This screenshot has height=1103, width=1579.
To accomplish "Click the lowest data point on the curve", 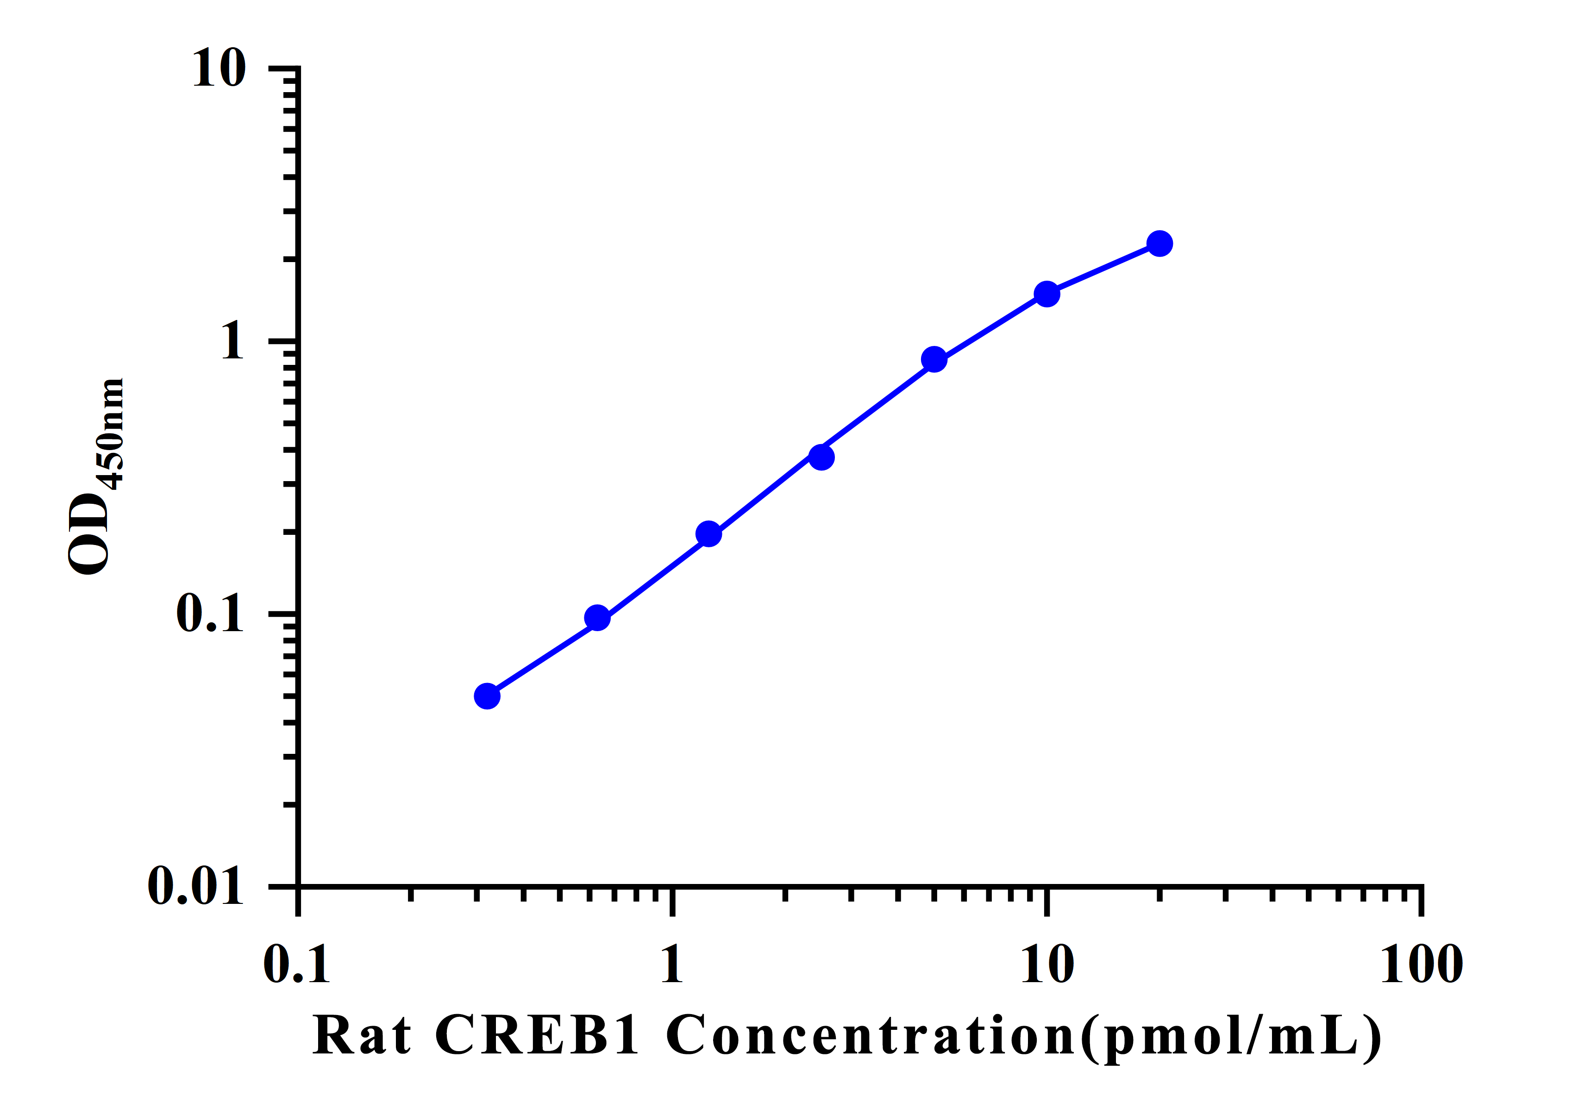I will (x=487, y=696).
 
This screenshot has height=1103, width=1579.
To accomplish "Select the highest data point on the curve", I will (x=1159, y=244).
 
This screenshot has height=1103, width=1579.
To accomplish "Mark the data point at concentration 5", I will (x=934, y=359).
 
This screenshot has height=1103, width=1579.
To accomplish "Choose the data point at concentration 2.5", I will (x=821, y=457).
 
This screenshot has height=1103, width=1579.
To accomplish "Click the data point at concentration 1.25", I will (x=708, y=533).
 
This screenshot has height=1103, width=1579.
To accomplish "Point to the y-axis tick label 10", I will (x=218, y=69).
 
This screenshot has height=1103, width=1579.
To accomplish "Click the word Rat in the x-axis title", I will (x=363, y=1035).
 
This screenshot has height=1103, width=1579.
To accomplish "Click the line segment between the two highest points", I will (x=1103, y=269).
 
